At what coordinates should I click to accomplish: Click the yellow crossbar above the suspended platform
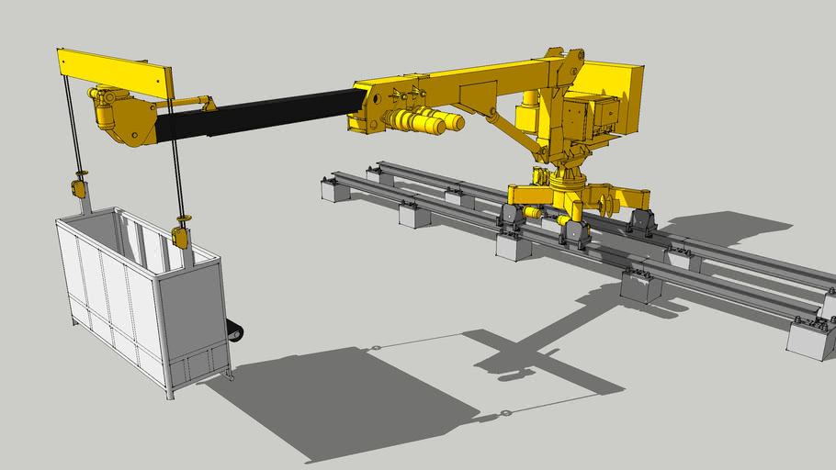tap(115, 73)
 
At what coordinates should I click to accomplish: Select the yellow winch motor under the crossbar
tap(105, 112)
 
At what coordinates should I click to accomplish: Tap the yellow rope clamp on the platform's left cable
tap(78, 189)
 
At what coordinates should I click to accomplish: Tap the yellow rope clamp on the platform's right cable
tap(180, 236)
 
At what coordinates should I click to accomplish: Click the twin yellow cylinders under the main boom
tap(418, 121)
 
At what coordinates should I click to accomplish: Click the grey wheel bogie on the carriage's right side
tap(640, 222)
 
